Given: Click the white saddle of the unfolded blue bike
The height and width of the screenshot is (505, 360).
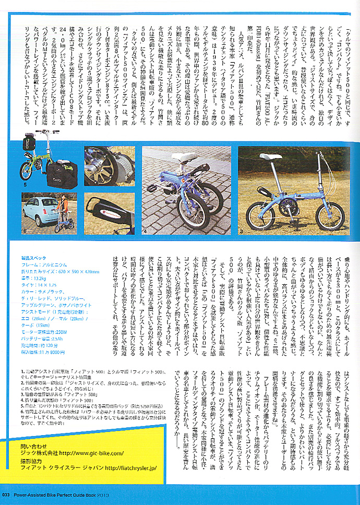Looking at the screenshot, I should [x=274, y=157].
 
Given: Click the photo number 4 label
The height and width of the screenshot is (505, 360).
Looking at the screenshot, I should [x=145, y=230].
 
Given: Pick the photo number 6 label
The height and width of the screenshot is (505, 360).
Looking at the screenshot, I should [x=25, y=230].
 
